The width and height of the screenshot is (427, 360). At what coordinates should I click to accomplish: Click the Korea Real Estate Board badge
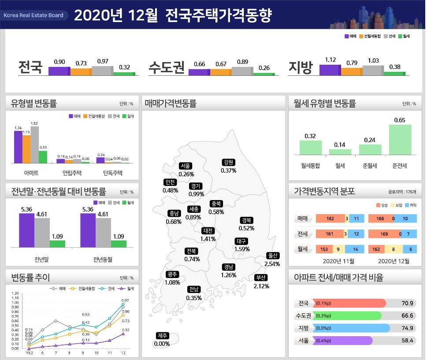(x=33, y=15)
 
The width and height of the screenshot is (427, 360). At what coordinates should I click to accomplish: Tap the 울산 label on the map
(x=273, y=256)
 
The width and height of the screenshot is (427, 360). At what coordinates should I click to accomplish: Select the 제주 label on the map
(x=162, y=336)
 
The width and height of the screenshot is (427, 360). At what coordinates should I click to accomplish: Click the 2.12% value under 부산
(x=261, y=286)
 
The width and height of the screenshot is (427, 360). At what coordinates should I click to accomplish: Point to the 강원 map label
(x=228, y=162)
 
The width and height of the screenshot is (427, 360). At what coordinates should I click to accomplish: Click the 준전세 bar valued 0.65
(x=400, y=140)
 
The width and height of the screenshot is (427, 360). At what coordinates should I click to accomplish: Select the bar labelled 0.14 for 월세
(x=340, y=152)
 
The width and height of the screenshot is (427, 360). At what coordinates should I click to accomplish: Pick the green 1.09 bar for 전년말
(x=57, y=244)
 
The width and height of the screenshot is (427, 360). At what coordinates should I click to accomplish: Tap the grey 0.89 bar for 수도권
(x=242, y=71)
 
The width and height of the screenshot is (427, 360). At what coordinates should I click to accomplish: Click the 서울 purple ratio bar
(x=343, y=341)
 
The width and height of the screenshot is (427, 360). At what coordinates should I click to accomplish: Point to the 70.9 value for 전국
(x=407, y=303)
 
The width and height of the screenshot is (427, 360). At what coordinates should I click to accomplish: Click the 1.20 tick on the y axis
(x=16, y=293)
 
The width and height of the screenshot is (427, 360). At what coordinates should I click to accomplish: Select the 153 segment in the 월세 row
(x=324, y=249)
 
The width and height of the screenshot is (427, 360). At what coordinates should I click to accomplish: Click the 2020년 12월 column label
(x=394, y=261)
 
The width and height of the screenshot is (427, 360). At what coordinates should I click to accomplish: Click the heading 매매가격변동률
(x=170, y=104)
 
